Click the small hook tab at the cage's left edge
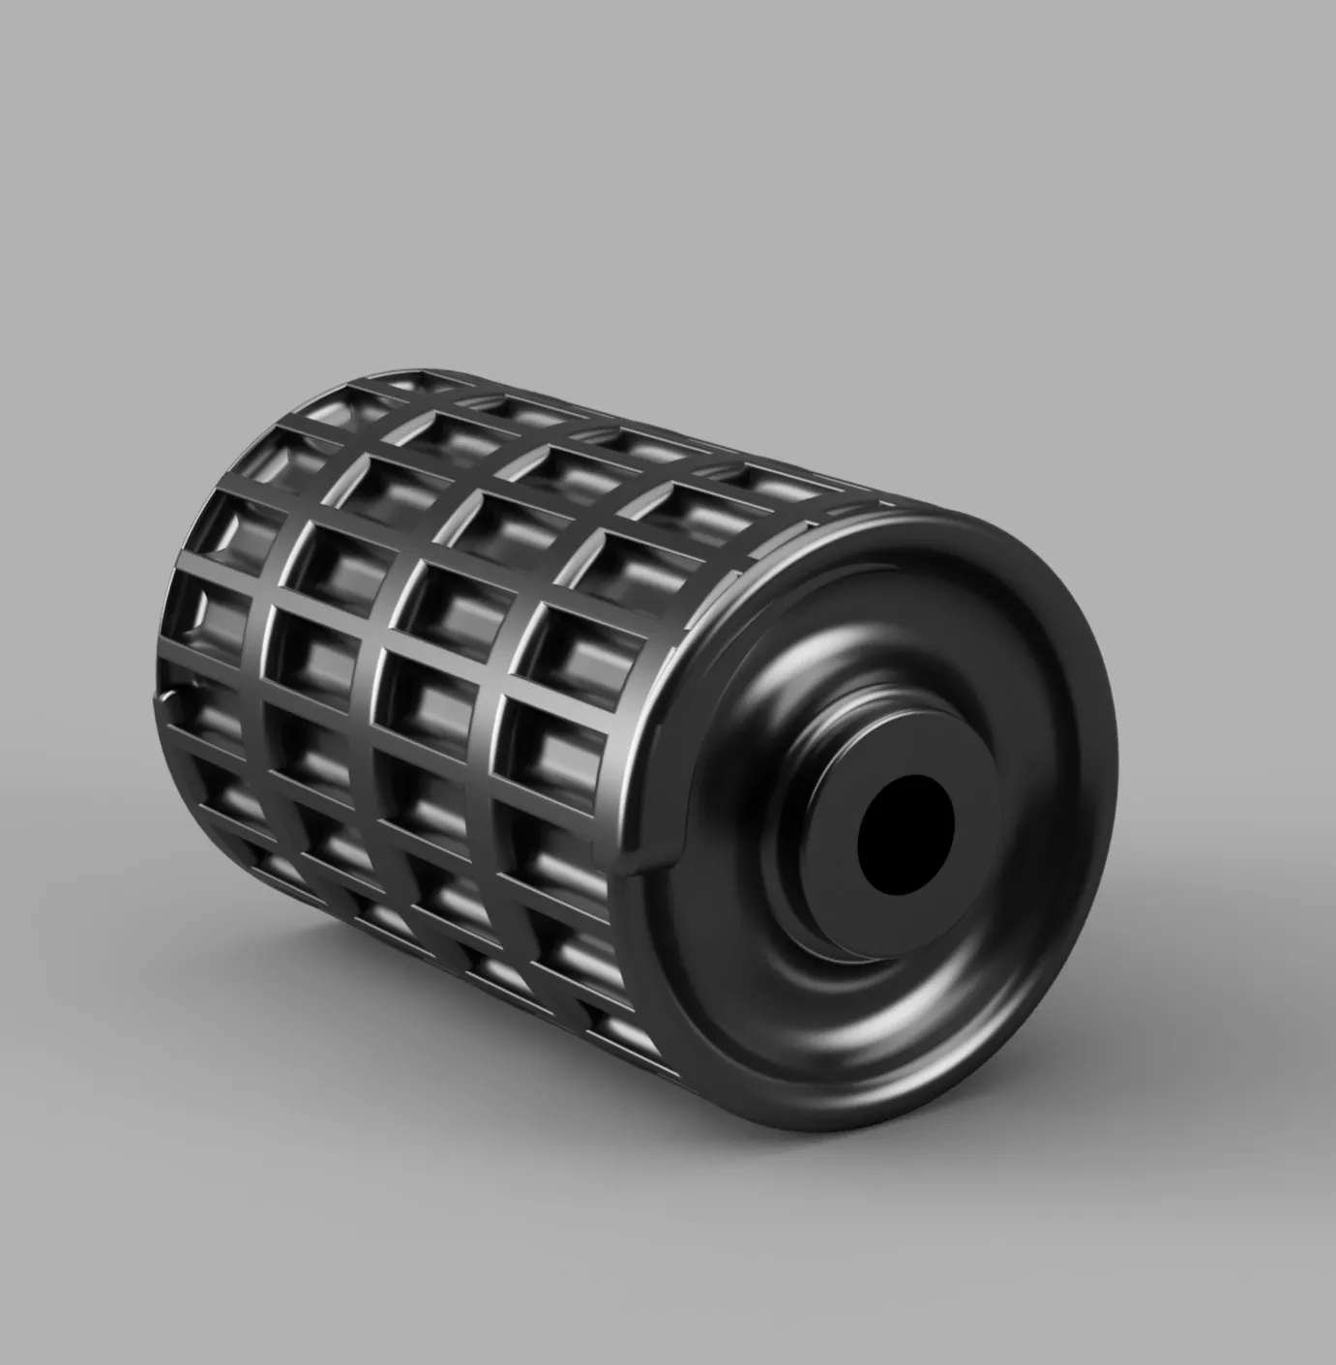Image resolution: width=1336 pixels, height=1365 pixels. tap(170, 694)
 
